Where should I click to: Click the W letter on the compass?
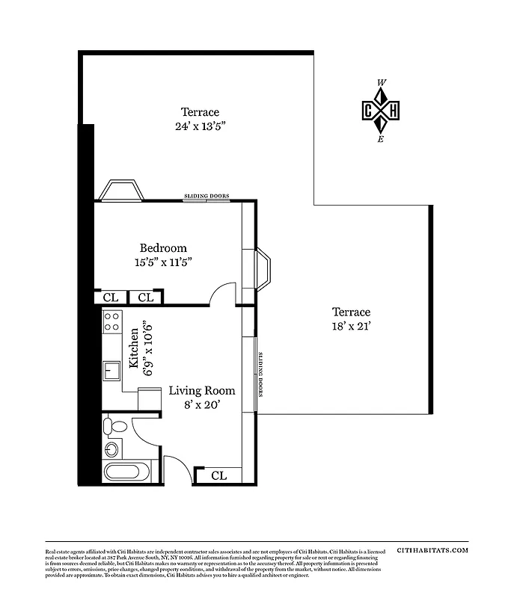click(x=382, y=83)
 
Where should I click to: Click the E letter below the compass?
click(x=381, y=139)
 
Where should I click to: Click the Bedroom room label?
click(x=163, y=248)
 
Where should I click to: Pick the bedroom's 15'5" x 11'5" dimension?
click(x=163, y=262)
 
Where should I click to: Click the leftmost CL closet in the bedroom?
click(x=111, y=298)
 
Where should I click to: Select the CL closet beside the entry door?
click(x=218, y=475)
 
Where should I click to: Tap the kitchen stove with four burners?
click(x=111, y=322)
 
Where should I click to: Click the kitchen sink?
click(x=111, y=370)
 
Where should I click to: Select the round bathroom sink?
click(x=112, y=449)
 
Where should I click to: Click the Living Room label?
click(x=201, y=391)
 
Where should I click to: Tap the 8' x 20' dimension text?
click(x=201, y=405)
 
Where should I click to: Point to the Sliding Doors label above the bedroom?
click(x=206, y=196)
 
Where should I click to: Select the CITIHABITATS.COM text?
click(x=433, y=549)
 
